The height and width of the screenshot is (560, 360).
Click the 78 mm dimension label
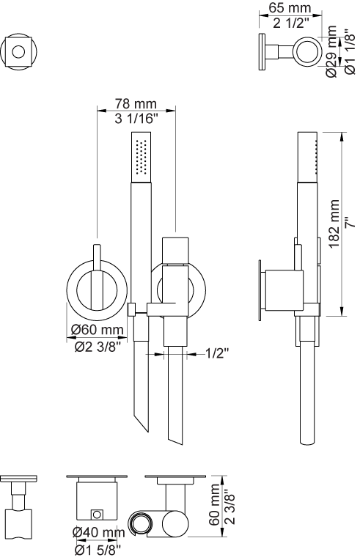[x=136, y=103]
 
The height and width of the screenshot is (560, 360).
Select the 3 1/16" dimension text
[x=136, y=118]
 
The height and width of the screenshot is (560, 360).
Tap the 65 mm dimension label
[x=290, y=8]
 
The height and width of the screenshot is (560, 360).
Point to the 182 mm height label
[x=334, y=224]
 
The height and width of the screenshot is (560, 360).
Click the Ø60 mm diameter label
[x=97, y=329]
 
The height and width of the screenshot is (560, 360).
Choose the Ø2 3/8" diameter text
[x=96, y=347]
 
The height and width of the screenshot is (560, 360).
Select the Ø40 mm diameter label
[x=98, y=532]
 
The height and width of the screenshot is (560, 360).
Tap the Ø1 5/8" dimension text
[x=98, y=550]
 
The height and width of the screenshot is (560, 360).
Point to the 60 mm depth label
[x=215, y=504]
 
